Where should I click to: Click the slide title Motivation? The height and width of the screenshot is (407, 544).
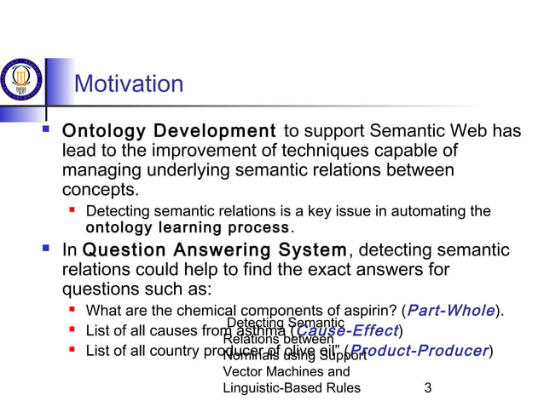point(129,84)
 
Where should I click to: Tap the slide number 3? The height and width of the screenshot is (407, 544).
point(427,388)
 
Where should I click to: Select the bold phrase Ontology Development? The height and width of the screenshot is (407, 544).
point(169,132)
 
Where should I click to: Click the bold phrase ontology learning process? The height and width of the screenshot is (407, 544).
point(188,228)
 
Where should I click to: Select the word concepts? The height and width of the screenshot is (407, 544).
point(100,188)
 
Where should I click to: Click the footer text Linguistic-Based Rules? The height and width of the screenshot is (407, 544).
point(291,388)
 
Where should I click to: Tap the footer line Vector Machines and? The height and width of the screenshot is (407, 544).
point(286,372)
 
